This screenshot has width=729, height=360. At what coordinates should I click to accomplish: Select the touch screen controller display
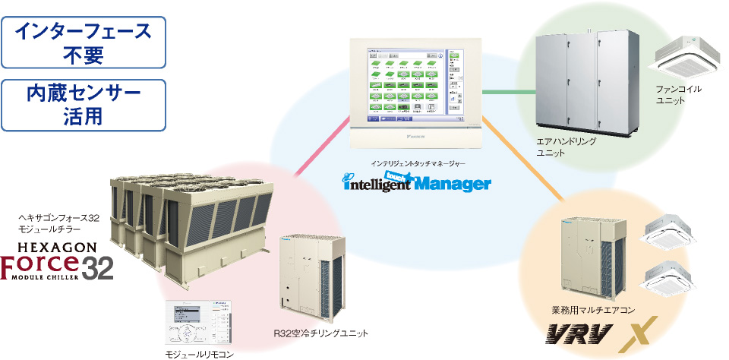click(416, 87)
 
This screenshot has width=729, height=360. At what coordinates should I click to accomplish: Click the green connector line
click(509, 92)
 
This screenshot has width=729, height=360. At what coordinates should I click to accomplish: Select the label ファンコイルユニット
click(680, 95)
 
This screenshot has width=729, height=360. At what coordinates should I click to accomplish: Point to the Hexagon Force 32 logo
click(57, 262)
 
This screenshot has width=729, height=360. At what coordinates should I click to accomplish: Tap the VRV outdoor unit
click(593, 257)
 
